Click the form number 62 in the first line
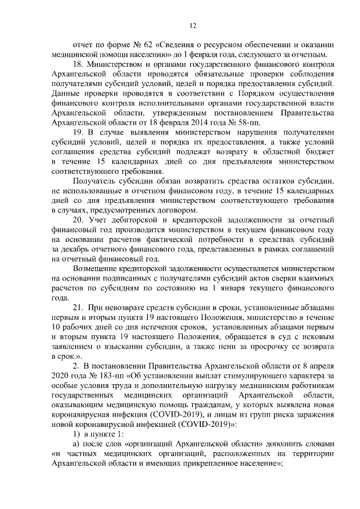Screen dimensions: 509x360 tap(139, 44)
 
